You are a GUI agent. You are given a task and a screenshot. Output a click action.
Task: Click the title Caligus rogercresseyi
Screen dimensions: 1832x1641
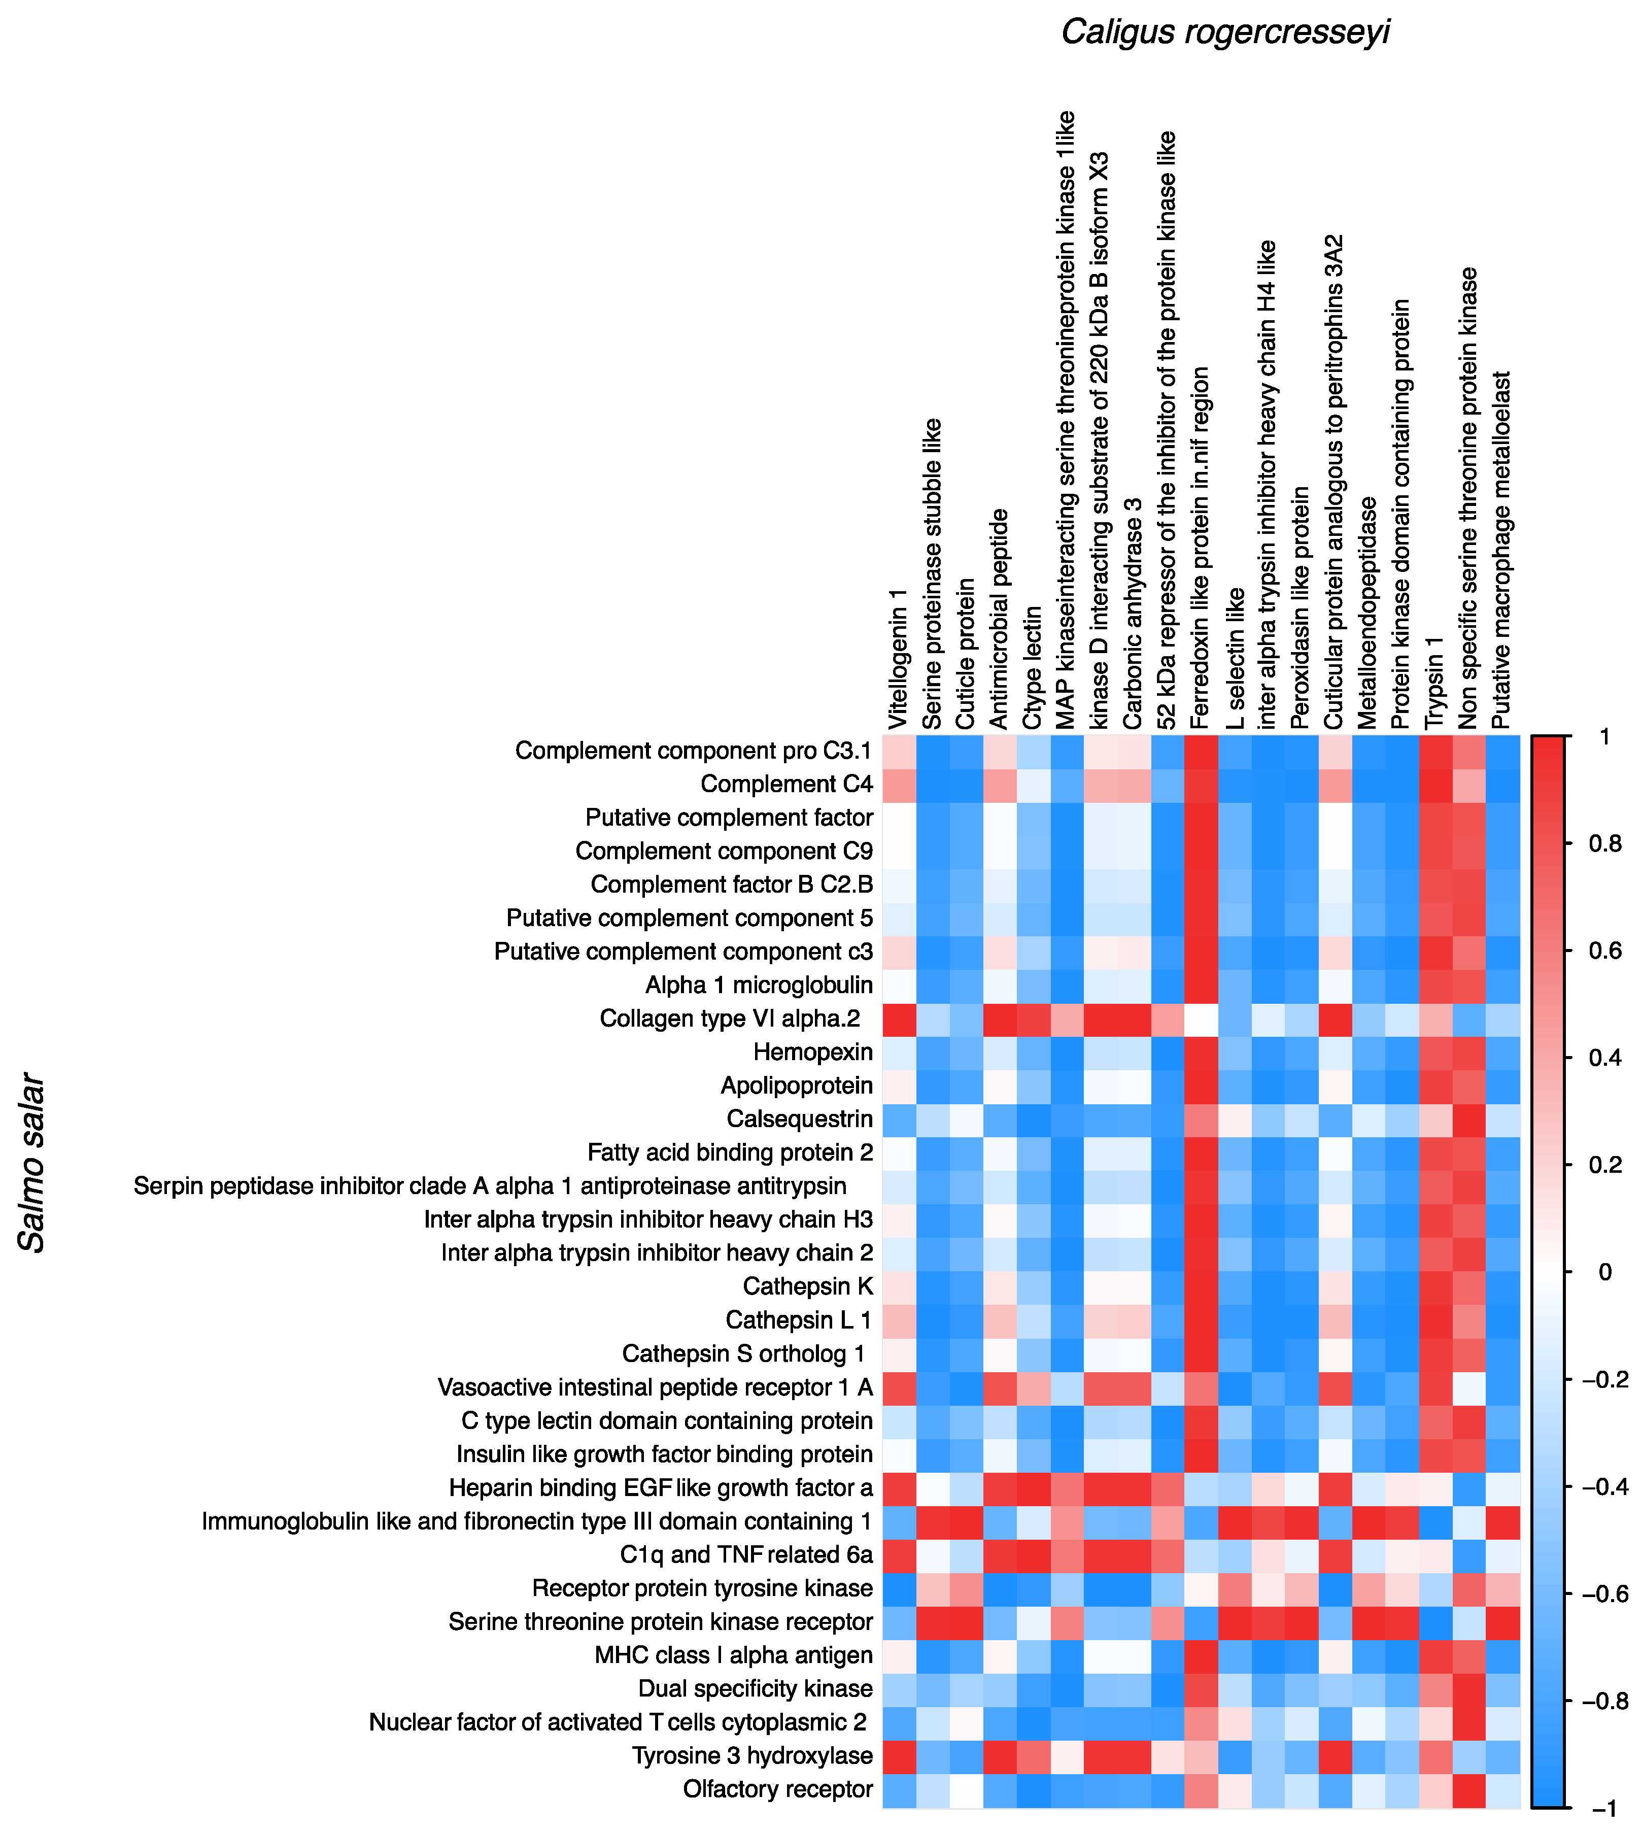click(x=1224, y=32)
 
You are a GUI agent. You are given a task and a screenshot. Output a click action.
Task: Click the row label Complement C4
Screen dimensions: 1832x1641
click(x=786, y=785)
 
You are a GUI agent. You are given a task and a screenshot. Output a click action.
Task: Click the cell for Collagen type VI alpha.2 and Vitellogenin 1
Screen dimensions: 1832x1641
click(x=899, y=1019)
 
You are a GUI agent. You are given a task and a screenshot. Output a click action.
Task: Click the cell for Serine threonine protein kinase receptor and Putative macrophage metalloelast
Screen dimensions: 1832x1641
click(x=1502, y=1622)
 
